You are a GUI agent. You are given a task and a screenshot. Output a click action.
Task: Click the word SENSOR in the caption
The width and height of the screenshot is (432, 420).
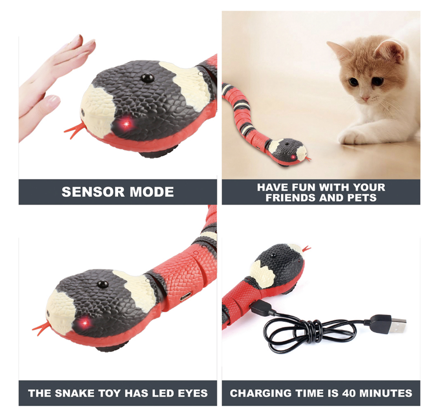coord(93,192)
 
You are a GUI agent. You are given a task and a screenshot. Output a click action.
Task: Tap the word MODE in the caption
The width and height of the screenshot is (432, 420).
coord(151,192)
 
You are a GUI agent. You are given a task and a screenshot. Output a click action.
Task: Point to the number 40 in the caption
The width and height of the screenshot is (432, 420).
coord(350,393)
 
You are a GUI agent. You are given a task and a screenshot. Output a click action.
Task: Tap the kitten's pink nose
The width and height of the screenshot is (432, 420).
coord(366,98)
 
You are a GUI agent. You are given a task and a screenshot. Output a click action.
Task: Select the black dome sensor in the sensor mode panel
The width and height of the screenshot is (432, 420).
coord(147,77)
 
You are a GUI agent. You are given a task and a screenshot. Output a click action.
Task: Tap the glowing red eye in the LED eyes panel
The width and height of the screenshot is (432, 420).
coord(85,322)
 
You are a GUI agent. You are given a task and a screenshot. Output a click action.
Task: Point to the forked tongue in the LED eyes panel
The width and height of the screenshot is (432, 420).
coord(42,327)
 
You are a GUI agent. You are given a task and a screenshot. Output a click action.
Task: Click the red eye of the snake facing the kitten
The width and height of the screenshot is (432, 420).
coord(294,157)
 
